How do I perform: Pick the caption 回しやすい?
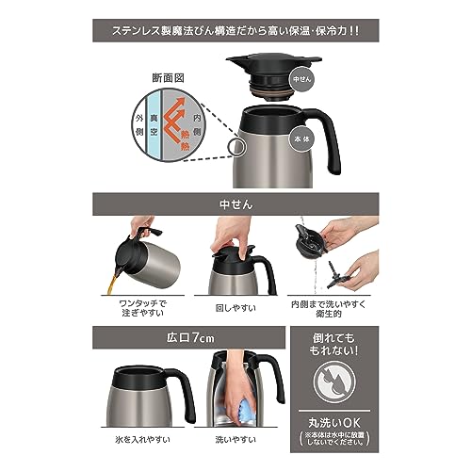tap(235, 307)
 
